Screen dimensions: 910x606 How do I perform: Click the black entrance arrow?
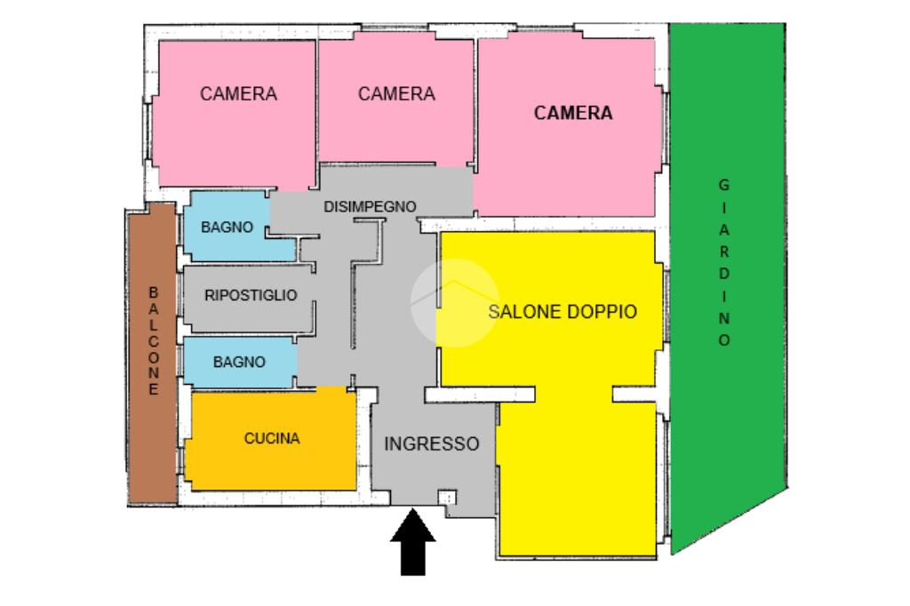click(x=413, y=541)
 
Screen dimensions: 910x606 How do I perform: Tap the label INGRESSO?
click(x=431, y=443)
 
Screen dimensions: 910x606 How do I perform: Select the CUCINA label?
click(x=272, y=438)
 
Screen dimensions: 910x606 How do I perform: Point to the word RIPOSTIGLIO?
click(x=251, y=296)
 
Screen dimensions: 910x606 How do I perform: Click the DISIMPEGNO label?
click(x=370, y=206)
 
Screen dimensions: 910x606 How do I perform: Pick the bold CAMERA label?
click(x=573, y=113)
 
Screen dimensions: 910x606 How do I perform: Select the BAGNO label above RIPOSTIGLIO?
click(x=227, y=227)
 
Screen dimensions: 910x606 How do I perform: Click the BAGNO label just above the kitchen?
click(x=239, y=363)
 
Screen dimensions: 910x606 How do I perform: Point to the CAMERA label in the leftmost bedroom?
click(x=238, y=93)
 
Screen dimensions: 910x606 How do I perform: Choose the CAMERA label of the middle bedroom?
click(x=396, y=93)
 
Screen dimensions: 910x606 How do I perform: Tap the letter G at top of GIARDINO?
click(x=723, y=185)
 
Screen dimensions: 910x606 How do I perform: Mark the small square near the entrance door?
click(x=447, y=497)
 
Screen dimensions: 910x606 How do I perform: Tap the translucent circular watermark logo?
click(x=454, y=303)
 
